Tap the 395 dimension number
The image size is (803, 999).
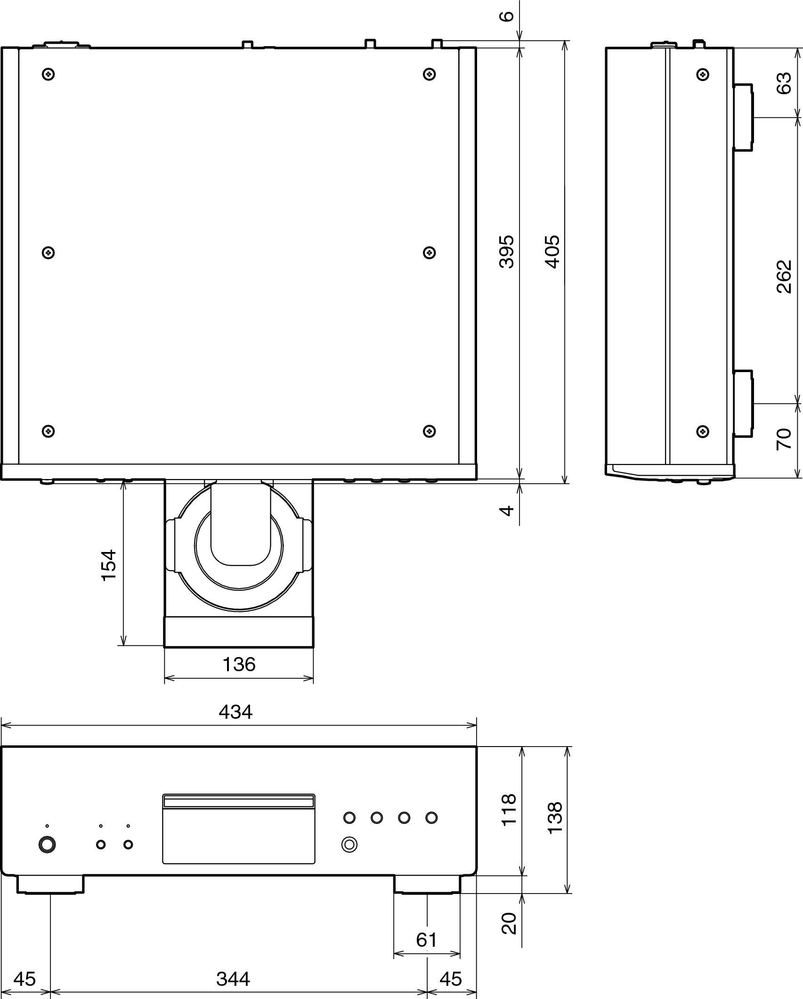[507, 252]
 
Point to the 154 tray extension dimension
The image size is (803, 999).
[109, 565]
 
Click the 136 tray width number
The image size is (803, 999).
[239, 665]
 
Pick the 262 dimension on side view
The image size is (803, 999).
[784, 276]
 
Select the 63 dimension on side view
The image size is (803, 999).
[784, 83]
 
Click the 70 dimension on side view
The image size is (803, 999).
[784, 439]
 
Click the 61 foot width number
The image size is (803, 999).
[426, 940]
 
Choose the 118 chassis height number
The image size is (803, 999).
[509, 810]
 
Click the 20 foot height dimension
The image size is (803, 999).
[509, 923]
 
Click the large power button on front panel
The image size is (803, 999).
[47, 845]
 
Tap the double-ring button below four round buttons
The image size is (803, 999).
[349, 844]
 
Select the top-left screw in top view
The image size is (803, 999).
[49, 74]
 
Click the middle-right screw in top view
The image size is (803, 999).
[429, 252]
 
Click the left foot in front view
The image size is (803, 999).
[50, 884]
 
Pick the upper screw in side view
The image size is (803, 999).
[702, 74]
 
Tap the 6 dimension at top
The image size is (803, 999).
[507, 16]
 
